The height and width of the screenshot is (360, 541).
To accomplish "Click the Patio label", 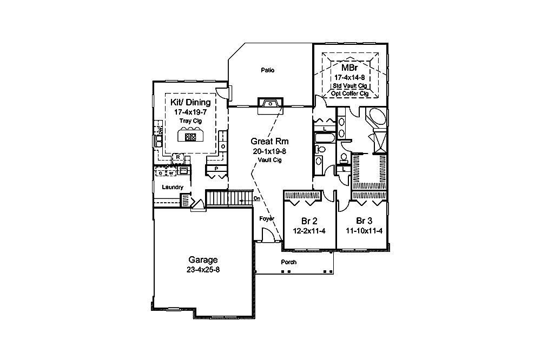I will [267, 70].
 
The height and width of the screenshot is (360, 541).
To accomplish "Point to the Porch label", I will [288, 262].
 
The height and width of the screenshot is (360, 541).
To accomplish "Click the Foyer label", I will [266, 218].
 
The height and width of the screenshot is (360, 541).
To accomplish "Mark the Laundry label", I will [173, 187].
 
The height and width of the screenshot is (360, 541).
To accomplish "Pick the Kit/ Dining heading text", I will [190, 102].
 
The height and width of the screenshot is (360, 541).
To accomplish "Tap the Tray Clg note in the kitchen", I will [190, 121].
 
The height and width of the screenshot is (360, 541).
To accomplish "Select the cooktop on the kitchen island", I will [190, 137].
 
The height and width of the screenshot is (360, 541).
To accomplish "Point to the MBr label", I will [348, 69].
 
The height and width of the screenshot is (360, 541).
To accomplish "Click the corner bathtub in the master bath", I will [375, 118].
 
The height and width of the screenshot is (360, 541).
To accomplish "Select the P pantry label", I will [216, 169].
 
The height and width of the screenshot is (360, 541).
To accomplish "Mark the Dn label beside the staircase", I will [258, 198].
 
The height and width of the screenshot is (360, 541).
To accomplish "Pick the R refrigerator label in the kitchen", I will [177, 157].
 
